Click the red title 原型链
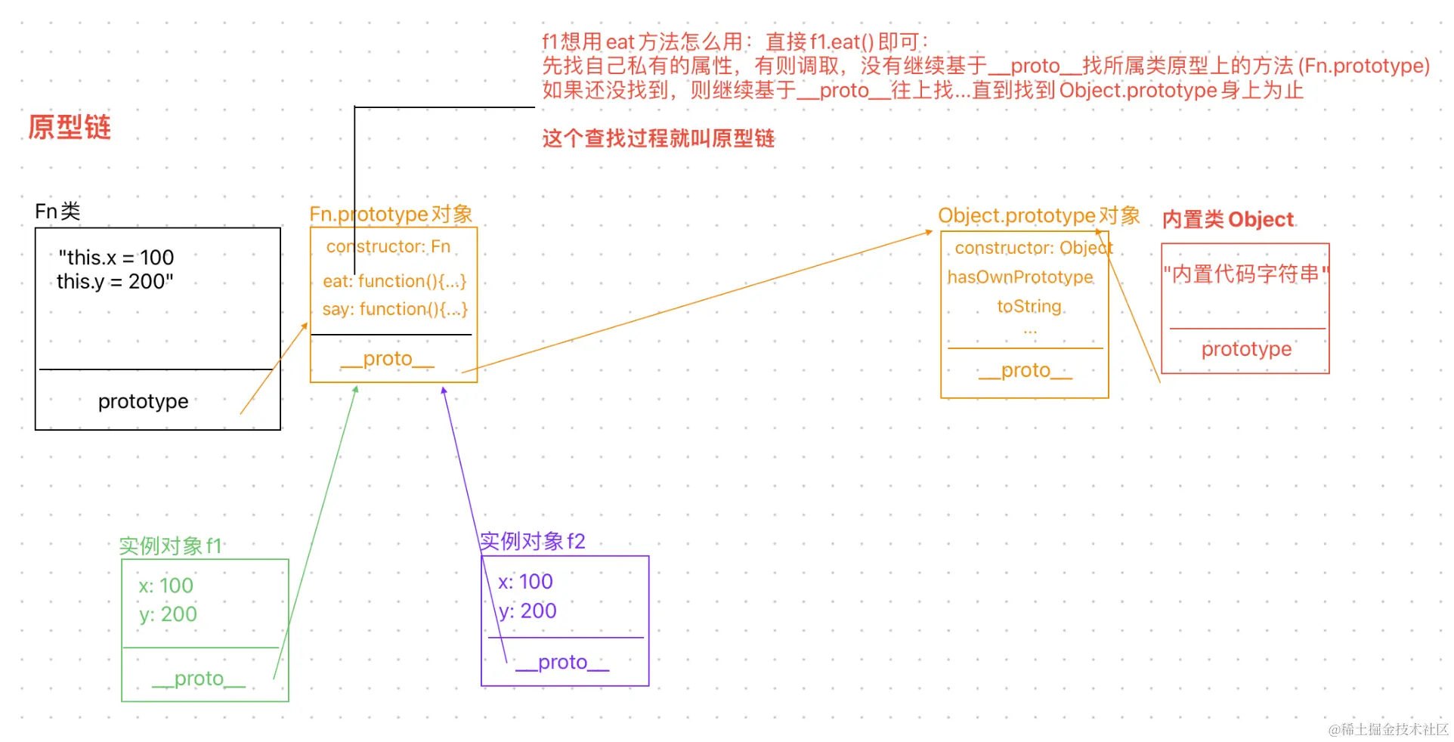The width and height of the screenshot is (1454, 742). coord(70,127)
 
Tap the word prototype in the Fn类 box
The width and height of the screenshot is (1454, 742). coord(143,401)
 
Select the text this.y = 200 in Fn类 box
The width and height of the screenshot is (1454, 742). coord(115,282)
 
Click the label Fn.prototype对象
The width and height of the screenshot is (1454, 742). coord(391,215)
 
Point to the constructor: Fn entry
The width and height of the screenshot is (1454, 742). coord(388,247)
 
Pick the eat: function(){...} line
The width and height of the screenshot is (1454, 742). coord(394,281)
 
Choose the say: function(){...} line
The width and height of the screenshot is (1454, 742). coord(394,309)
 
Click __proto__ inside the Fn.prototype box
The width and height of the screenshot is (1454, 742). coord(387,359)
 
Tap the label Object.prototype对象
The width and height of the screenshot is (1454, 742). coord(1038,216)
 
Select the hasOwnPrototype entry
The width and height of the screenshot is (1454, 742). coord(1020,277)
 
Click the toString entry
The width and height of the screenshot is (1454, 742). coord(1029,306)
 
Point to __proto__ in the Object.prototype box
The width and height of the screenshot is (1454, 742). coord(1025,370)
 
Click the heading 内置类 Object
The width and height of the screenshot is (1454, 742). coord(1227,220)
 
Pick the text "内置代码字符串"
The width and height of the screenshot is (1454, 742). coord(1245,274)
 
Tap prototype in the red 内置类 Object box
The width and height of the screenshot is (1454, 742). coord(1246,349)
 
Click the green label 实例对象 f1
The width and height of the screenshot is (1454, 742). coord(170,546)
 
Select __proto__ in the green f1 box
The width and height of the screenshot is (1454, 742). coord(199,679)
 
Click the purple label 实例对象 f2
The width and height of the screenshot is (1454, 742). coord(532,541)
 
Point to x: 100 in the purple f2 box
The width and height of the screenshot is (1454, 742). coord(525,582)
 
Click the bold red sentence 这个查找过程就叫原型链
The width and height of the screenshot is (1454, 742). coord(658,138)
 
